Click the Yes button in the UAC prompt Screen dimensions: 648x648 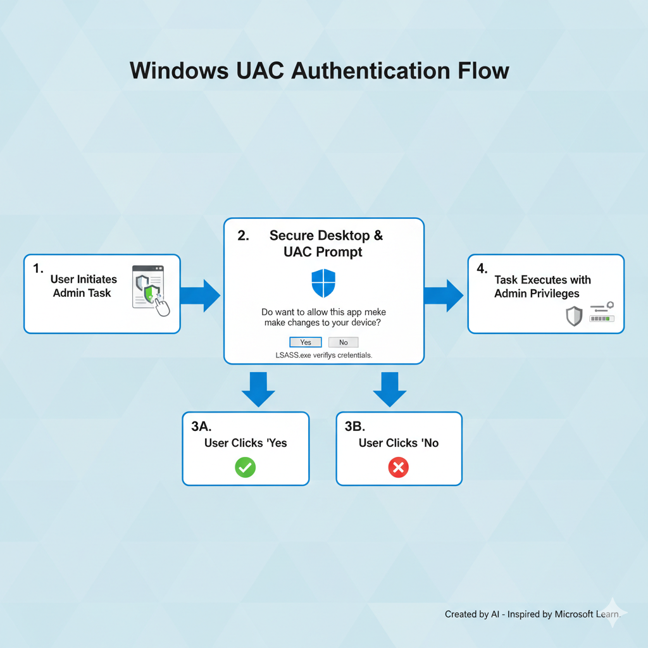[x=306, y=342]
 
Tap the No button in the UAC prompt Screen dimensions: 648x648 [x=343, y=342]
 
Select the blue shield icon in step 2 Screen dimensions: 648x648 [x=323, y=283]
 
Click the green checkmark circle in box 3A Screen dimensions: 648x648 [x=245, y=468]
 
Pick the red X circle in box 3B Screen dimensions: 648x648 [x=398, y=468]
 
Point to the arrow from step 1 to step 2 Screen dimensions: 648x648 [x=200, y=294]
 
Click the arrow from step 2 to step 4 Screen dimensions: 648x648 [x=444, y=294]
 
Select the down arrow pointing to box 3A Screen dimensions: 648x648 [x=258, y=389]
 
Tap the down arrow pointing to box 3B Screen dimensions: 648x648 [x=389, y=389]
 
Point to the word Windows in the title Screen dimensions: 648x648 [x=179, y=70]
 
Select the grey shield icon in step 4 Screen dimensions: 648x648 [x=573, y=316]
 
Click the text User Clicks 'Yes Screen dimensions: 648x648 [x=246, y=443]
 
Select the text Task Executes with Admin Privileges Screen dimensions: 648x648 [x=542, y=287]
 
